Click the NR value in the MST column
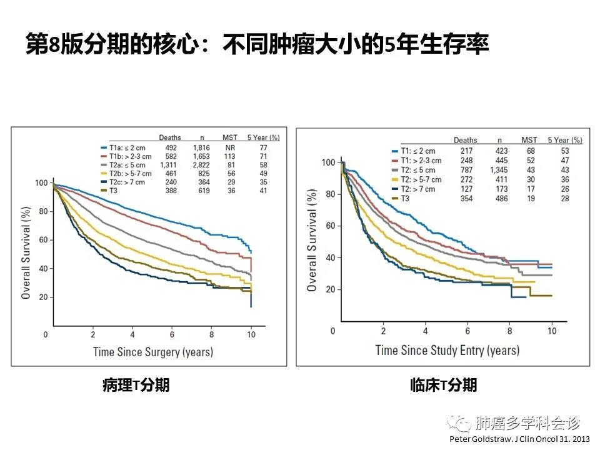coord(229,147)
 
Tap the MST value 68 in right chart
coord(529,151)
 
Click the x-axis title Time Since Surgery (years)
coord(152,352)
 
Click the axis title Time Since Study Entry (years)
coord(447,349)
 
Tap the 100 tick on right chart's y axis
coord(328,162)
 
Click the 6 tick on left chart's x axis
coord(172,334)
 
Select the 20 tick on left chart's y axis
coord(42,297)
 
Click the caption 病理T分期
coord(136,386)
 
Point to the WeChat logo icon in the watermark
coord(462,424)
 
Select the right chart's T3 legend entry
coord(412,198)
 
